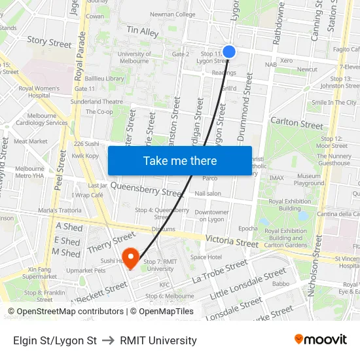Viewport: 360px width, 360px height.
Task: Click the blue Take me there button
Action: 180,160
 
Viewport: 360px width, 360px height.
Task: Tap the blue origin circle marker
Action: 229,51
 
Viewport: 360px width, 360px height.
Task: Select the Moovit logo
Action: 321,340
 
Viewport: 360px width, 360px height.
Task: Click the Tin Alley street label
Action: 143,31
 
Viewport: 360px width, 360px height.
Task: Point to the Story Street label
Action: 49,43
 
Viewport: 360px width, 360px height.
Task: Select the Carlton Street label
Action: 297,124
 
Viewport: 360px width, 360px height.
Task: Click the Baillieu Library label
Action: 105,79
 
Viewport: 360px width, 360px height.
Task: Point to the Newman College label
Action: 172,14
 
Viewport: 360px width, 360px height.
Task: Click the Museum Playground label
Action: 309,180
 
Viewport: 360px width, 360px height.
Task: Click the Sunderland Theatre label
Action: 96,101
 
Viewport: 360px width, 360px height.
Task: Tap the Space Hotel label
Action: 206,257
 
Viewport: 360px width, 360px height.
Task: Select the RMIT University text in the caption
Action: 158,340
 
